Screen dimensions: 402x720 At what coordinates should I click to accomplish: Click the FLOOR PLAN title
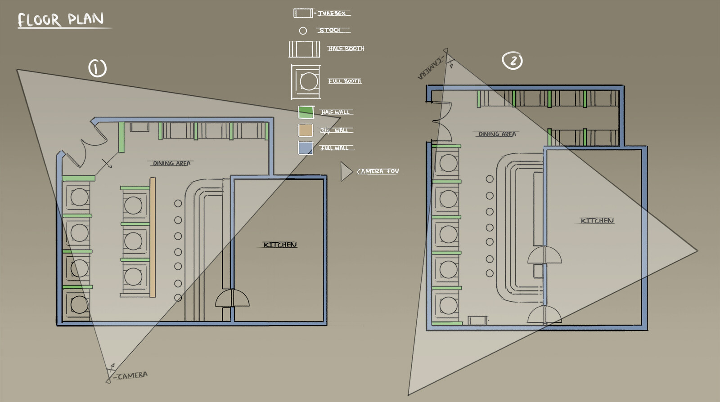pos(61,20)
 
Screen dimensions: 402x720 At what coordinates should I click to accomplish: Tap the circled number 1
pos(97,68)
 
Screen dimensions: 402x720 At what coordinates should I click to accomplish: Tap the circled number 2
pos(513,61)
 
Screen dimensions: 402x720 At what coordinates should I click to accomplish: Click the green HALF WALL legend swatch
pos(306,112)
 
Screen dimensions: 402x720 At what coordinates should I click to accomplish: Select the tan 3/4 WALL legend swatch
pos(306,130)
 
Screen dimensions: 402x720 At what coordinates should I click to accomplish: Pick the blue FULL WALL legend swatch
pos(306,147)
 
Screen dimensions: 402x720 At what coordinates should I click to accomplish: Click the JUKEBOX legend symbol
pos(303,13)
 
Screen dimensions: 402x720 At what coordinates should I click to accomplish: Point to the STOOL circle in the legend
pos(303,31)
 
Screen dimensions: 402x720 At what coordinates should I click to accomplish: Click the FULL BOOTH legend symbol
pos(306,81)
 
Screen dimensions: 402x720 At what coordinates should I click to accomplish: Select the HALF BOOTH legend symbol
pos(304,49)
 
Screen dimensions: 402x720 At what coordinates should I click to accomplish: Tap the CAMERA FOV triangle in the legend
pos(346,172)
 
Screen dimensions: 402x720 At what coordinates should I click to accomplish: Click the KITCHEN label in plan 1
pos(280,245)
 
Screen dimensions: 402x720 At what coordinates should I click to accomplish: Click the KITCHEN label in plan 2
pos(597,220)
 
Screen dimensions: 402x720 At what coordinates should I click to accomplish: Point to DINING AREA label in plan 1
pos(171,163)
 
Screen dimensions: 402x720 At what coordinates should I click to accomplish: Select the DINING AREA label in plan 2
pos(497,134)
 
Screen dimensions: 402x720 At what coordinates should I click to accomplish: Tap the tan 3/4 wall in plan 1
pos(153,237)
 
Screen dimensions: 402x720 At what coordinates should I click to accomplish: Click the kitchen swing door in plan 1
pos(232,299)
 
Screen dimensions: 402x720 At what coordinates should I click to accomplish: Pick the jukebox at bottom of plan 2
pos(477,320)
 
